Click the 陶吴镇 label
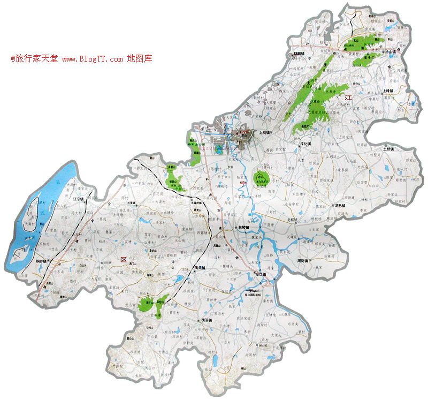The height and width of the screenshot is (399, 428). [201, 268]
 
